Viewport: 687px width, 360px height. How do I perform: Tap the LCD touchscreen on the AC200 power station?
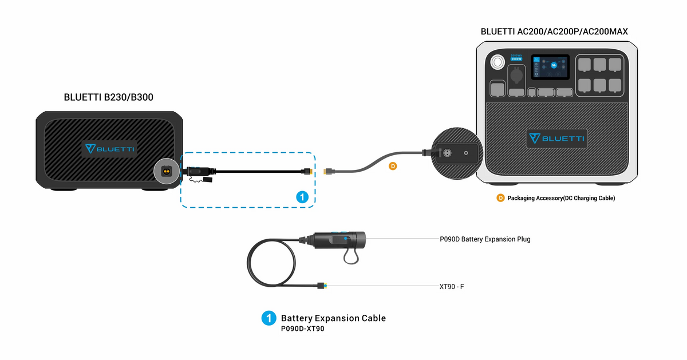(x=550, y=68)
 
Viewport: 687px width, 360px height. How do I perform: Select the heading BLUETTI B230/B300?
(x=108, y=98)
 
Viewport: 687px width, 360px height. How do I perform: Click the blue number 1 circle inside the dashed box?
(x=303, y=197)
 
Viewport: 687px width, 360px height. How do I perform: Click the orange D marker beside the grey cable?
(x=393, y=167)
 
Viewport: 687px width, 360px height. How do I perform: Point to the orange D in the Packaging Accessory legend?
(x=500, y=198)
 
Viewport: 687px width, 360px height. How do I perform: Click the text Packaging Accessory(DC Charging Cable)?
(x=561, y=198)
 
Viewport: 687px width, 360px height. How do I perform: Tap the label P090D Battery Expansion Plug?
(x=484, y=239)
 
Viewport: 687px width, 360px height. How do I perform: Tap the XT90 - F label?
(x=451, y=286)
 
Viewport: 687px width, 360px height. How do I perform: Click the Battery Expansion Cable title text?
(x=333, y=318)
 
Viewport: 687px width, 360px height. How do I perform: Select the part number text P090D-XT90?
(x=302, y=329)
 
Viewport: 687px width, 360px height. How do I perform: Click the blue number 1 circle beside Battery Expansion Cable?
(x=269, y=318)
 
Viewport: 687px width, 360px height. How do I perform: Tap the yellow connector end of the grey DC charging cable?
(x=329, y=171)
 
